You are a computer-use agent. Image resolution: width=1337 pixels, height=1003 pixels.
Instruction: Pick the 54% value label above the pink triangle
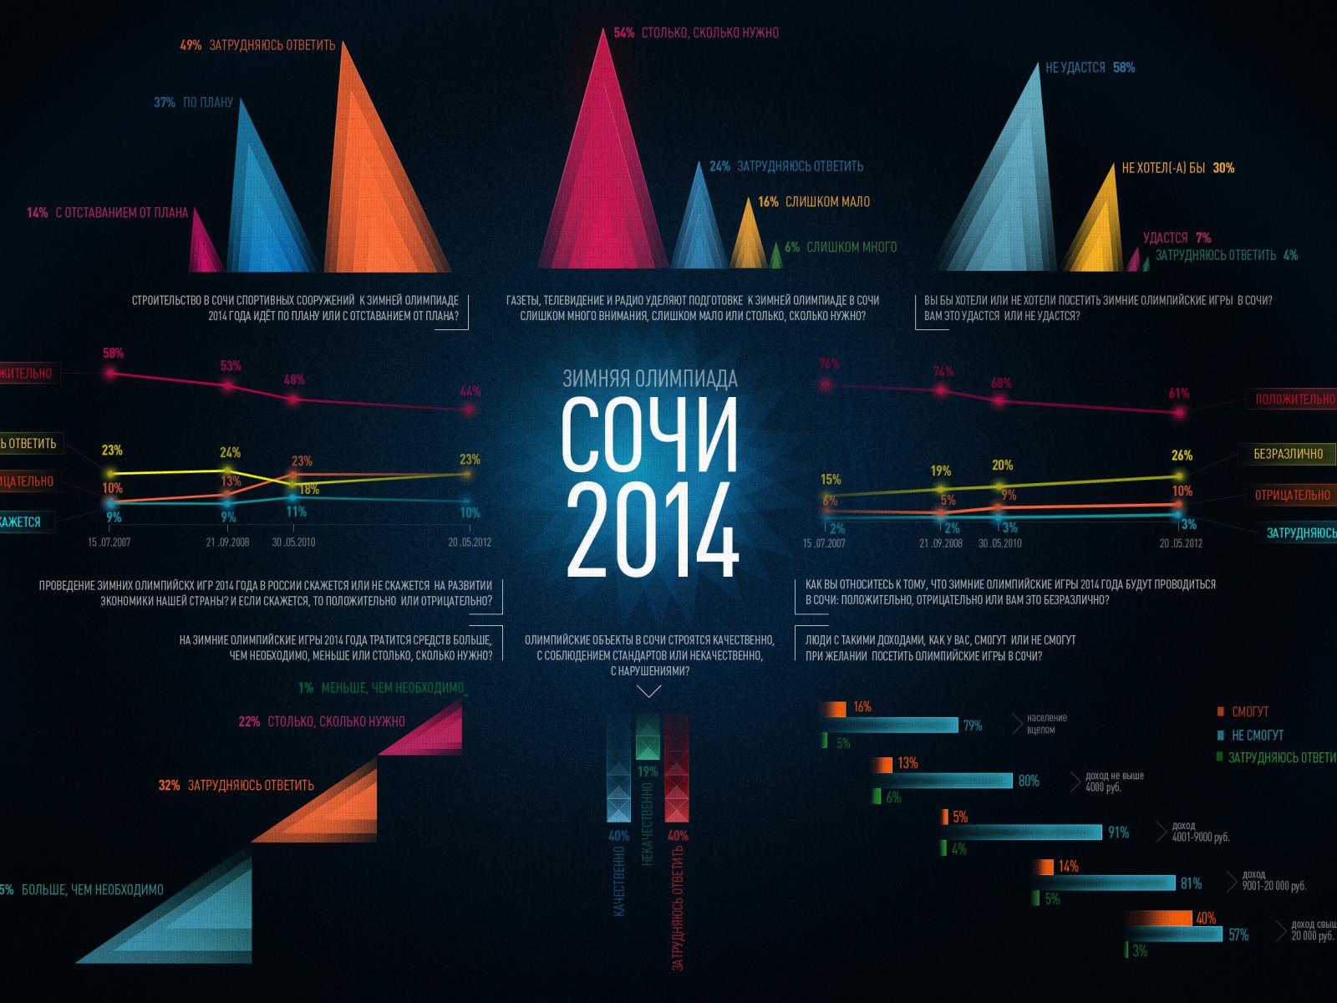click(x=623, y=33)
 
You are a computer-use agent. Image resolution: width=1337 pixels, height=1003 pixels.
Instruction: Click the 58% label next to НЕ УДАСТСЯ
click(x=1124, y=68)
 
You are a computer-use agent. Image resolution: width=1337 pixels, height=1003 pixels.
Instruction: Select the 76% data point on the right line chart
click(x=826, y=385)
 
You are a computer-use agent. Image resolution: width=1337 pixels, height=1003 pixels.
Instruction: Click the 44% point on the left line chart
click(x=470, y=410)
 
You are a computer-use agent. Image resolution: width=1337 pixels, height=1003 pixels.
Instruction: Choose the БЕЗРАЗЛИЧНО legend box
click(x=1288, y=454)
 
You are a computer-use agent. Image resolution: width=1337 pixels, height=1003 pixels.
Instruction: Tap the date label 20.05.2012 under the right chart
click(x=1180, y=543)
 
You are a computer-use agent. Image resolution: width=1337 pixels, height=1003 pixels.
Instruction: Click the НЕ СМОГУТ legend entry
click(x=1257, y=736)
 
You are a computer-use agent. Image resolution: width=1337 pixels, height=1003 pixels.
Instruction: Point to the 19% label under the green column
click(x=648, y=772)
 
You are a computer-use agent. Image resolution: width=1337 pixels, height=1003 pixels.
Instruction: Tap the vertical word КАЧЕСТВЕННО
click(x=619, y=882)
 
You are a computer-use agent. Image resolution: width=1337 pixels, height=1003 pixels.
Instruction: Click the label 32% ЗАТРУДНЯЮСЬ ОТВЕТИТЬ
click(x=236, y=785)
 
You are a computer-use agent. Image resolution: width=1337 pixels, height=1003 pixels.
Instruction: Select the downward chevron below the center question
click(x=649, y=691)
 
